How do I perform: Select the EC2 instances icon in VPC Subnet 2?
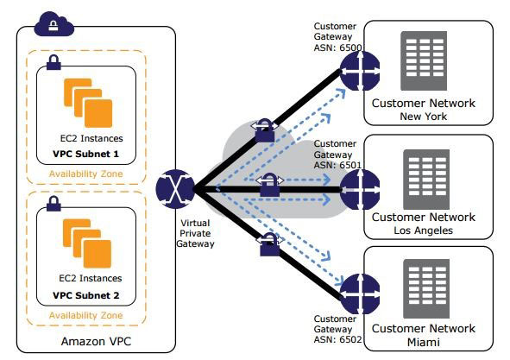(85, 243)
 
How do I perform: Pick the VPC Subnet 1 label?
(85, 155)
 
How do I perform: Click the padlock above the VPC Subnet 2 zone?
(54, 205)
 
